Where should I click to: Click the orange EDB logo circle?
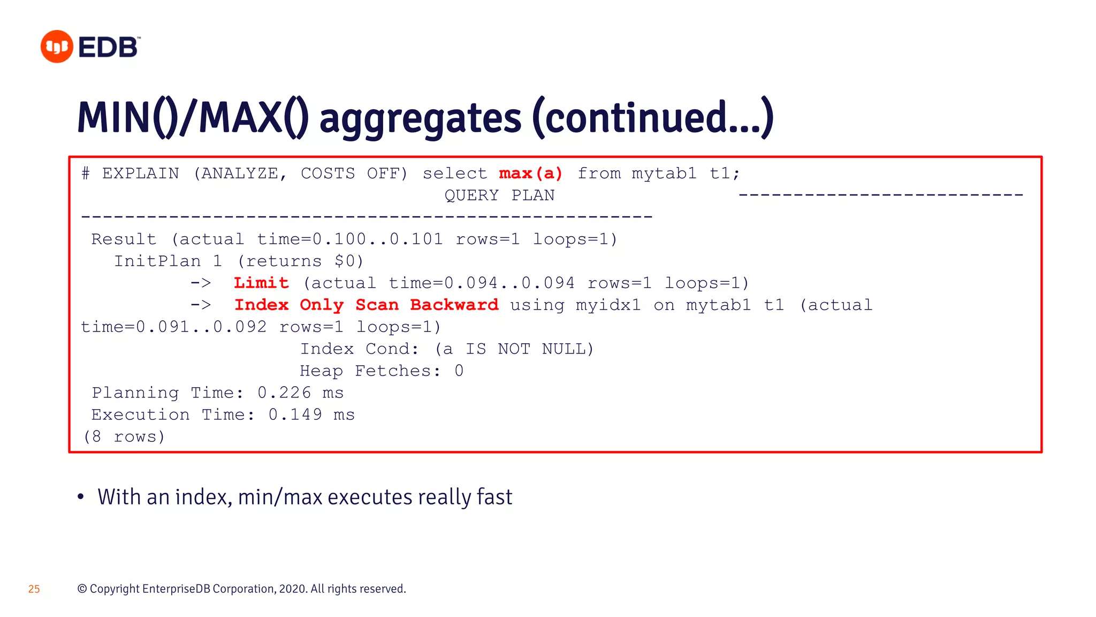pos(57,47)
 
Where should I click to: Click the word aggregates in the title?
pos(420,119)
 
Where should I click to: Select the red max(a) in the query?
pos(530,174)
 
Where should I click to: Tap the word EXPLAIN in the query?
pos(141,174)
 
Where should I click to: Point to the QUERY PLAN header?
pos(499,195)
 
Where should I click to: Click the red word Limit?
pos(261,283)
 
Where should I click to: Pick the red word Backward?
pos(454,305)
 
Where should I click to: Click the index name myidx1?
pos(608,305)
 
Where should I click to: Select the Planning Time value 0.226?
pos(284,393)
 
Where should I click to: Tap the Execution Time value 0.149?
pos(295,415)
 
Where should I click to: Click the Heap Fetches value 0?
pos(459,371)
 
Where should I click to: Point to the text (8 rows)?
pos(124,437)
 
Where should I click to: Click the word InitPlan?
pos(157,261)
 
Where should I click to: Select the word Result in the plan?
pos(124,239)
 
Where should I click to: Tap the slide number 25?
pos(34,589)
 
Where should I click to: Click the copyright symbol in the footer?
pos(82,589)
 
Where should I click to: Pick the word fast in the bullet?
pos(494,497)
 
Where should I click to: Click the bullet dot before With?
pos(81,497)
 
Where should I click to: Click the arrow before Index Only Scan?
pos(201,305)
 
